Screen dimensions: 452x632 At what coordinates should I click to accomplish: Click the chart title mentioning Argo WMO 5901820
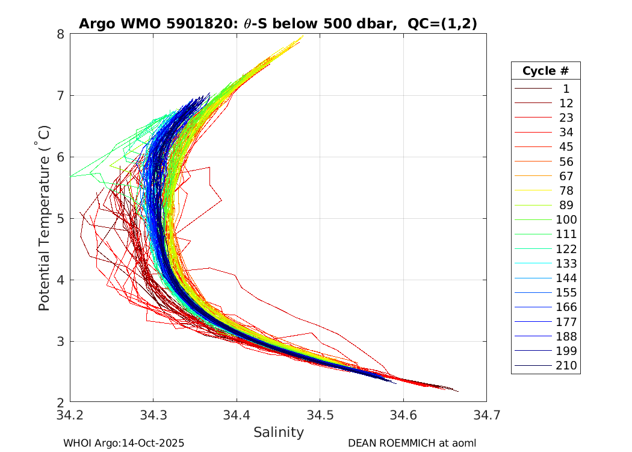tap(278, 24)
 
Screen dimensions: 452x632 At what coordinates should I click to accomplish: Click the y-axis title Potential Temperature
tap(44, 218)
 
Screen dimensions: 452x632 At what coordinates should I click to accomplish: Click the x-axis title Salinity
tap(278, 432)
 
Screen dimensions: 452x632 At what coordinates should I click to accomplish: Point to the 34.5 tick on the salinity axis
tap(320, 415)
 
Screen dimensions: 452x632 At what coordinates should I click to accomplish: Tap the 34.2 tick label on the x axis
tap(70, 415)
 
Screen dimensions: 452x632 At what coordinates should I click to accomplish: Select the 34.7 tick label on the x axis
tap(486, 415)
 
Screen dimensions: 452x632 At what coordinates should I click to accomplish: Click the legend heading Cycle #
tap(545, 71)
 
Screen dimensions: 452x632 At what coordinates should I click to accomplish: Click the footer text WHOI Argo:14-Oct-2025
tap(123, 444)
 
